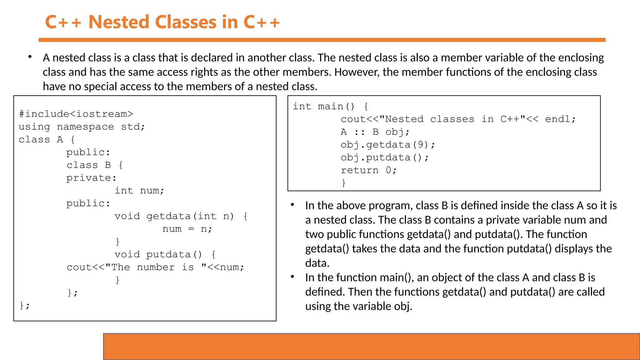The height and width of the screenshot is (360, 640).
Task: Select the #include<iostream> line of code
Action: point(76,114)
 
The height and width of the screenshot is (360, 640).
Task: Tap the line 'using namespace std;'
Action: point(82,127)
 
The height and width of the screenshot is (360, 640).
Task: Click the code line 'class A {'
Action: point(47,140)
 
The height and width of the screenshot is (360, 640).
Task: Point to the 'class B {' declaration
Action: point(95,165)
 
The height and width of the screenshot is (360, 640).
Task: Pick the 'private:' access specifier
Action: point(91,178)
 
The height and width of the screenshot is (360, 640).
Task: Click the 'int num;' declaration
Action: point(139,191)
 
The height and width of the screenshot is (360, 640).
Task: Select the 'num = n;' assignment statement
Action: point(187,229)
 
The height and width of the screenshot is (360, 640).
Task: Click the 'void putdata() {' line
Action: point(165,255)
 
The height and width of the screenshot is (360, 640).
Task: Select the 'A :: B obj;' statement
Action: point(375,132)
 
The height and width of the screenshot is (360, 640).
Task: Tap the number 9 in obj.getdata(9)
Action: point(421,145)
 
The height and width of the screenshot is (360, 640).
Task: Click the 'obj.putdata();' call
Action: point(384,158)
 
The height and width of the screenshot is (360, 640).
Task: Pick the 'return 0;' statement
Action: point(368,171)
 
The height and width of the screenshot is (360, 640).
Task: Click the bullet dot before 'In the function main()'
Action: point(292,277)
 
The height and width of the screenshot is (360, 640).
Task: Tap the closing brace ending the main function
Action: point(344,183)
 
